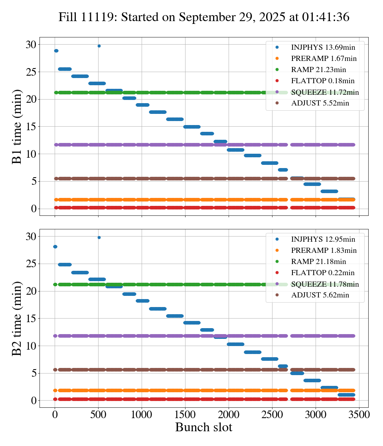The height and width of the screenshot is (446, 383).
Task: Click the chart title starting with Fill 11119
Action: click(x=204, y=17)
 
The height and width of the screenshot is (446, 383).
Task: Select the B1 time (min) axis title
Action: click(x=17, y=127)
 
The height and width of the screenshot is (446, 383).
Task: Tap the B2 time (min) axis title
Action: click(x=17, y=319)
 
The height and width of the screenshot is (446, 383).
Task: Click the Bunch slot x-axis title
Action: click(x=204, y=427)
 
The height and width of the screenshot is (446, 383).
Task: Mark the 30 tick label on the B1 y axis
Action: click(x=31, y=45)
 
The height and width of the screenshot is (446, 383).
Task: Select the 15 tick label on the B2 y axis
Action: click(x=31, y=319)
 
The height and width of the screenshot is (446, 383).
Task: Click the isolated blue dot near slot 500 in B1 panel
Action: click(x=99, y=46)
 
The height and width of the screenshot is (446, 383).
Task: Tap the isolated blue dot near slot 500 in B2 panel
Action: click(x=99, y=237)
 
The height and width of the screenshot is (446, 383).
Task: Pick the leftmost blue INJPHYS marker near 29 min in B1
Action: click(x=56, y=51)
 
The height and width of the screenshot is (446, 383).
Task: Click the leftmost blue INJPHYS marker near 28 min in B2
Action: click(x=55, y=246)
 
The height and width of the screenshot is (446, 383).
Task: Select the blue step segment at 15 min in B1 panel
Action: click(x=192, y=127)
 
